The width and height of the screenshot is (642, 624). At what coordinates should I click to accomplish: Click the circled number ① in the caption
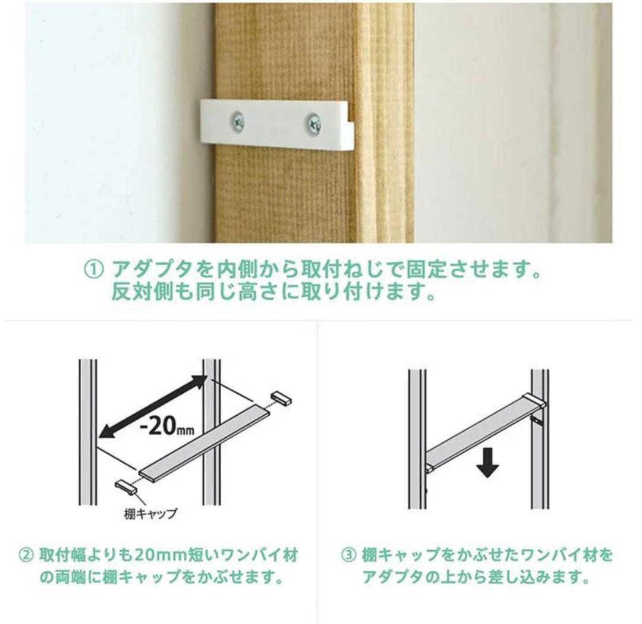(x=93, y=271)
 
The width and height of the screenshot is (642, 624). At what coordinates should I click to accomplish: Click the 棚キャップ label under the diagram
(x=150, y=513)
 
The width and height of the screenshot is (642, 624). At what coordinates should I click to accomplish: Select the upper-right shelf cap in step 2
(x=281, y=398)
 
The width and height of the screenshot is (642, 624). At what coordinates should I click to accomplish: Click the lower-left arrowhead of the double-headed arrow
(x=105, y=431)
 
